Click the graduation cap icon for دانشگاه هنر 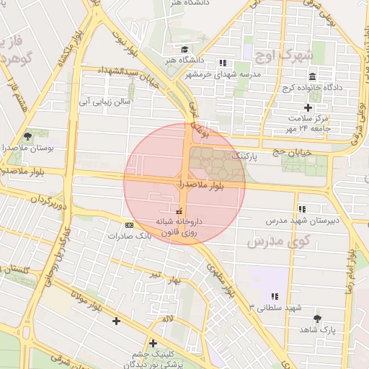[185, 50]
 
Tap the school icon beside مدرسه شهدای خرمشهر [223, 63]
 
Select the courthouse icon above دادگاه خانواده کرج [312, 77]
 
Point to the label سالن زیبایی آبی [106, 102]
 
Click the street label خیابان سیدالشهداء [119, 75]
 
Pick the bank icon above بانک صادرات [129, 226]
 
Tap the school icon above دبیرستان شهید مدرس [301, 208]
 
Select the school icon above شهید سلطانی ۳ [274, 296]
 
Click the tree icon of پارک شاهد [317, 318]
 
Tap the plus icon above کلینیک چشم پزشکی [153, 343]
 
